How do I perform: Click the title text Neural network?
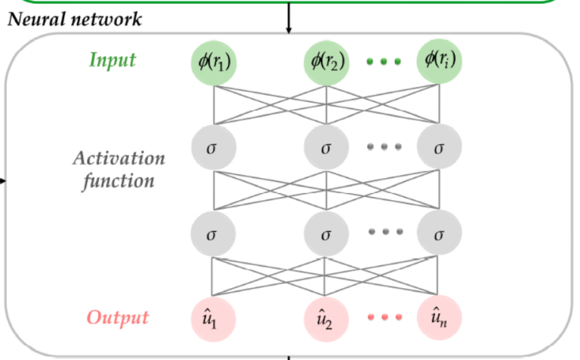[75, 19]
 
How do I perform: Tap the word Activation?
[119, 158]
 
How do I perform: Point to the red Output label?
[117, 318]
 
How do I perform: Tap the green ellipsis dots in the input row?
[383, 62]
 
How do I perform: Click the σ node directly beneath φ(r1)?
[214, 146]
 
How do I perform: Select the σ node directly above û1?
[214, 232]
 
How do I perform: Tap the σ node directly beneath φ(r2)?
[326, 146]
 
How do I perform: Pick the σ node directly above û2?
[326, 232]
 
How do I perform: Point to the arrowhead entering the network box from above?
[288, 30]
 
